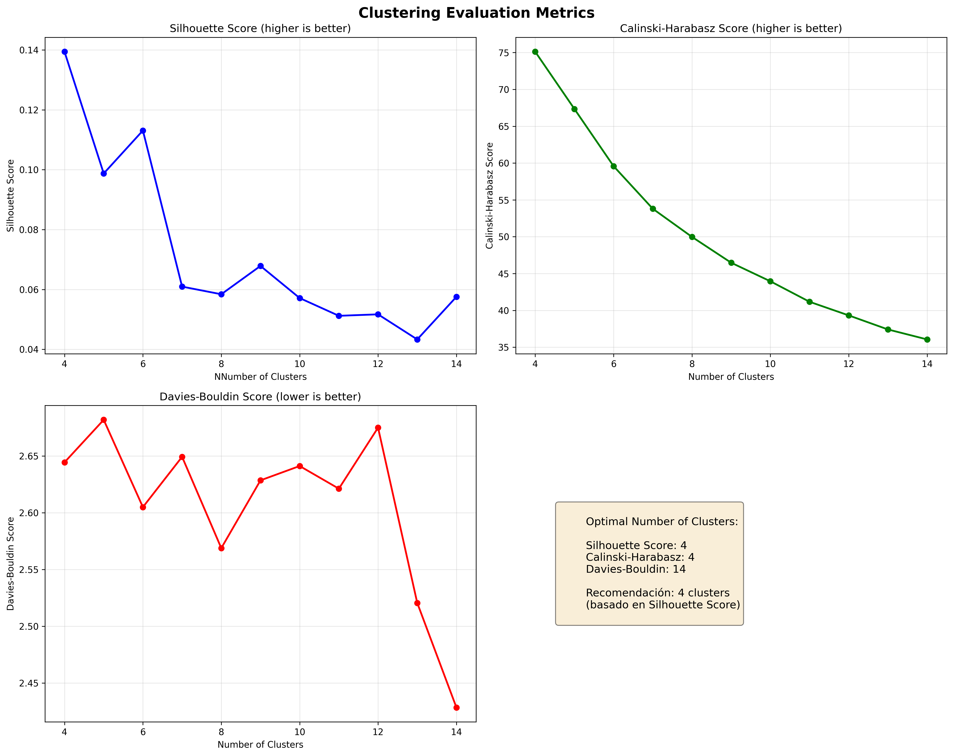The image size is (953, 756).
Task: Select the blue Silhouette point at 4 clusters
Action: click(65, 52)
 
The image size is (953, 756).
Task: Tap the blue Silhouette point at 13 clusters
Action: click(417, 339)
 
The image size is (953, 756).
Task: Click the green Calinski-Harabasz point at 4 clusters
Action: click(535, 52)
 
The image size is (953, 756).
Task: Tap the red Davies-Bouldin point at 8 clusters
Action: click(222, 548)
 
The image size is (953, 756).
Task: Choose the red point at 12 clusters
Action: click(378, 428)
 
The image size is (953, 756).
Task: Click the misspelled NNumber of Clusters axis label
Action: click(260, 377)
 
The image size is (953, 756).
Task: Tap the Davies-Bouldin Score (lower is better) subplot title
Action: click(260, 397)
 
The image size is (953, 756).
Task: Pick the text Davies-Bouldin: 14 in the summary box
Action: click(636, 569)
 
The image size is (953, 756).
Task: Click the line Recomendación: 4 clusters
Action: click(657, 593)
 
